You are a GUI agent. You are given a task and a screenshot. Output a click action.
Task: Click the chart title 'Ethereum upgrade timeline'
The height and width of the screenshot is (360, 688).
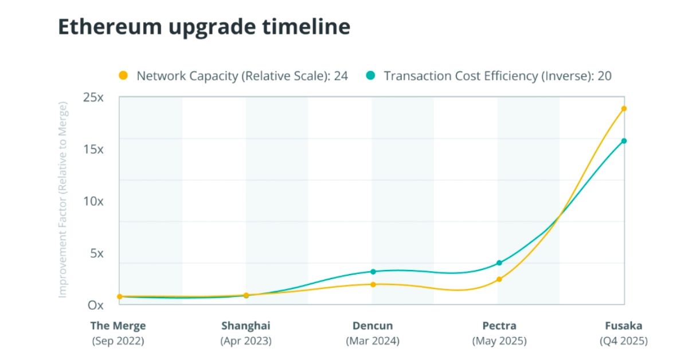[x=204, y=27]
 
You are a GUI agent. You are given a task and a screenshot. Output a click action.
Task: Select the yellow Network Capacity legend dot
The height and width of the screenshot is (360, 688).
[x=123, y=76]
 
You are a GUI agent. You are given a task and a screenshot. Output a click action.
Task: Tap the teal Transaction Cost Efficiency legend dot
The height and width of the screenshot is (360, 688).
[x=370, y=76]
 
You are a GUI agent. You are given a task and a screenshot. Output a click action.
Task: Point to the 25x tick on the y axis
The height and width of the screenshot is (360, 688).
[x=93, y=97]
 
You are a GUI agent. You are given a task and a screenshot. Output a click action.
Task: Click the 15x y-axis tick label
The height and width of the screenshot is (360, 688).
[x=93, y=149]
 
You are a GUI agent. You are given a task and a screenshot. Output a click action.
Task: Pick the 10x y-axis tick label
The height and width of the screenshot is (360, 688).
[x=93, y=201]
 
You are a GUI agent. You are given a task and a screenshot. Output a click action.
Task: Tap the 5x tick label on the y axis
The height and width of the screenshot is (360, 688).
[x=96, y=253]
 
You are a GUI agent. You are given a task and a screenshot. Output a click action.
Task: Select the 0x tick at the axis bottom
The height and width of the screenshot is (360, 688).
[x=96, y=305]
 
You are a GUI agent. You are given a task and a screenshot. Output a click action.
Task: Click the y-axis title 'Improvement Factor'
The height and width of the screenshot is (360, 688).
[x=63, y=199]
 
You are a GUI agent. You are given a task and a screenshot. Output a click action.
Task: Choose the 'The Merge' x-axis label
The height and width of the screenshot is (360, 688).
[x=118, y=326]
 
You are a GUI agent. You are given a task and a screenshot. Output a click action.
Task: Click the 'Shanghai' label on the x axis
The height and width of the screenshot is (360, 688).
[x=245, y=326]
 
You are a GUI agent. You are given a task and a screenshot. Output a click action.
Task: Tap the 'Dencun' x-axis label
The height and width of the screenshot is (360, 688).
[x=373, y=326]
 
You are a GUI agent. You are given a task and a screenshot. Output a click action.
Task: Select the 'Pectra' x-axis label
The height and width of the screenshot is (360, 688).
[x=499, y=326]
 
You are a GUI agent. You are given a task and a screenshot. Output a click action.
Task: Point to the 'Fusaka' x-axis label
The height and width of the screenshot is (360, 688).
[x=624, y=326]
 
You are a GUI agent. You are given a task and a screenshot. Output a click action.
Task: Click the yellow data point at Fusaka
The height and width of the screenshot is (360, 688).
[x=624, y=108]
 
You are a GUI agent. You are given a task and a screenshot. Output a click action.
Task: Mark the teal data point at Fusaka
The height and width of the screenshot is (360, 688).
[x=624, y=141]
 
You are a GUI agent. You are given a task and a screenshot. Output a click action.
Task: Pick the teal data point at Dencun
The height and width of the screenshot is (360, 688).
[x=373, y=272]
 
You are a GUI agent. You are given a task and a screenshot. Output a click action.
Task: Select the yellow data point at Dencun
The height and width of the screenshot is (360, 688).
[x=373, y=284]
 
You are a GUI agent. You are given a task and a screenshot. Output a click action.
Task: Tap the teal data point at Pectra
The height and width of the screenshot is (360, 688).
[x=499, y=263]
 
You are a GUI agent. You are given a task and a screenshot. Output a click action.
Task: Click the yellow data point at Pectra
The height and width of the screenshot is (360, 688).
[x=499, y=279]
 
